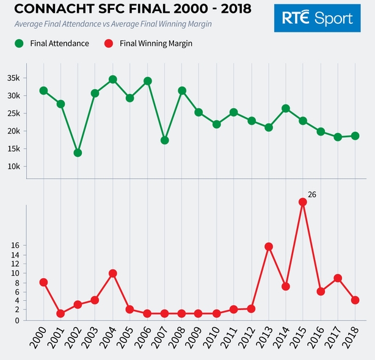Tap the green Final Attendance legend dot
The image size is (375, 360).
(20, 43)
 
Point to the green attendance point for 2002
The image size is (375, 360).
(78, 153)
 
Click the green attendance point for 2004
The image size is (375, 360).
(112, 79)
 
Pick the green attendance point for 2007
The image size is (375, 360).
(164, 140)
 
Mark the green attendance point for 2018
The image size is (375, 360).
(355, 135)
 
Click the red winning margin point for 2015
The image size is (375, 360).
(302, 202)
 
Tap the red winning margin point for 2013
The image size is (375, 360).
(268, 247)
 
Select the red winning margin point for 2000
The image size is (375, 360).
(43, 282)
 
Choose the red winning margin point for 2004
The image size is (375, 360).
(112, 273)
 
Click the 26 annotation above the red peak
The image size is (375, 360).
(311, 195)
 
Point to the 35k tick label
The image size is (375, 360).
(13, 78)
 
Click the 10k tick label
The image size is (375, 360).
(13, 167)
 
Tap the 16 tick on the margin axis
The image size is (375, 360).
(16, 245)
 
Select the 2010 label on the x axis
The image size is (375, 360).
(211, 340)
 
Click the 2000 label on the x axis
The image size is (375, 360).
(38, 340)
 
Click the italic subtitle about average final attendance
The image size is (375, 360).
(113, 24)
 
